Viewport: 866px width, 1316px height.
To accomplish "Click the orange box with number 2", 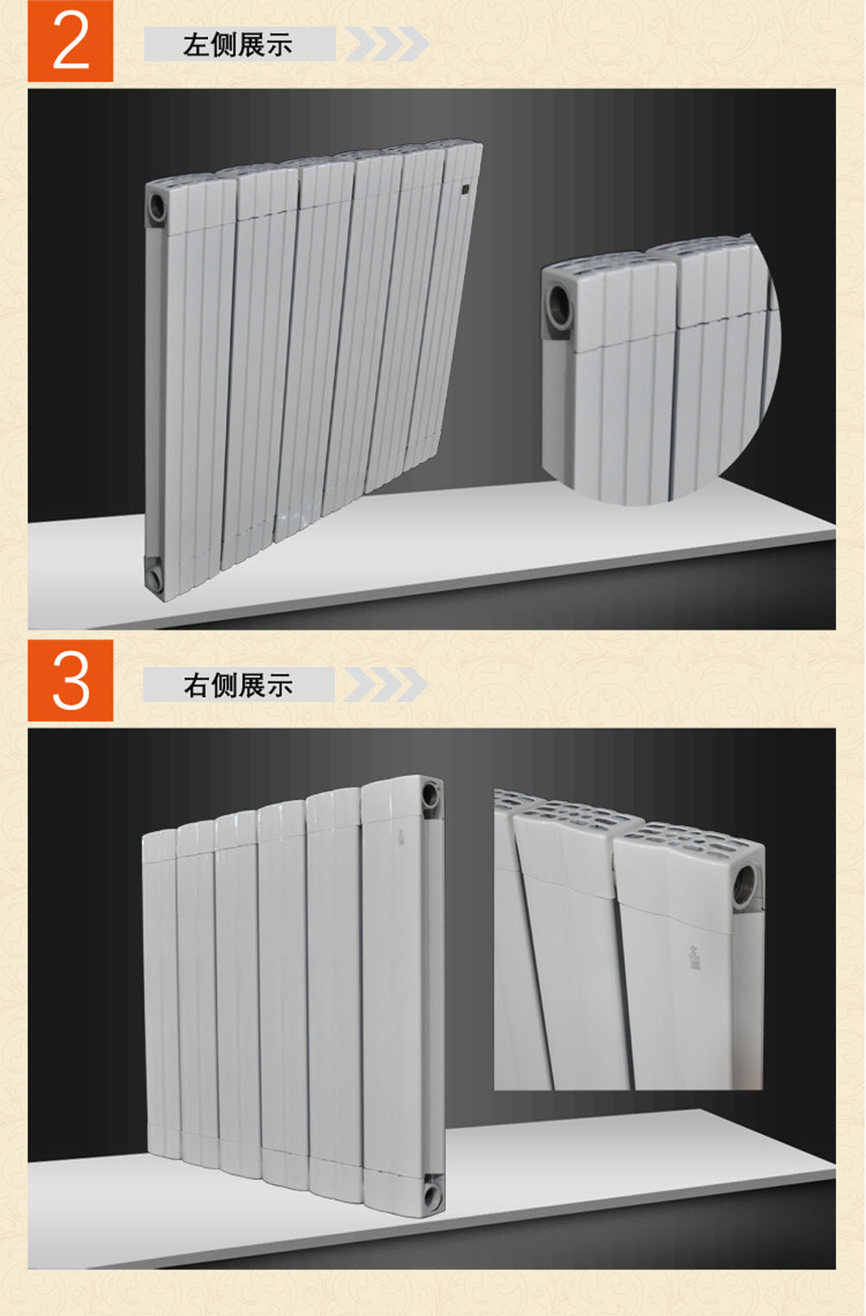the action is pos(70,41).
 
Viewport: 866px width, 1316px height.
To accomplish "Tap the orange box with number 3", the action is pos(70,681).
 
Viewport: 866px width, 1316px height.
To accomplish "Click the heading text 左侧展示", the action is pos(237,45).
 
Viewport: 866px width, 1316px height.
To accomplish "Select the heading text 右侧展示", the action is pos(237,685).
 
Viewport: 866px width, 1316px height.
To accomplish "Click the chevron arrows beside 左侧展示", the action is pos(387,43).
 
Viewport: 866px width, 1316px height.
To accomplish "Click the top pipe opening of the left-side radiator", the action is pos(158,206).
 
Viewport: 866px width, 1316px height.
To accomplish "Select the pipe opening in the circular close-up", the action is pos(559,305).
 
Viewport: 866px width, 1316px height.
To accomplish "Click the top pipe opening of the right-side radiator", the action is pos(432,795).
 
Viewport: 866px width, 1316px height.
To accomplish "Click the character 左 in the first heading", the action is pos(196,45).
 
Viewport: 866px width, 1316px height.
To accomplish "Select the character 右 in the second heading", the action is pos(196,685).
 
